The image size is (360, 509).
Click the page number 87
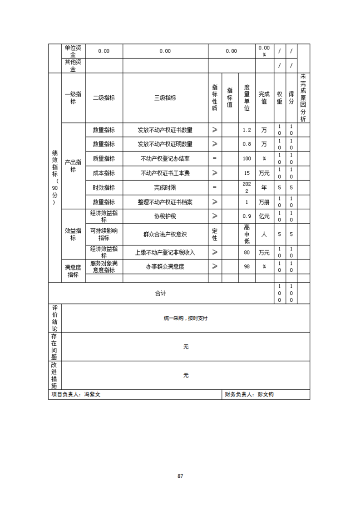point(180,476)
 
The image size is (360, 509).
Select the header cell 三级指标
point(165,98)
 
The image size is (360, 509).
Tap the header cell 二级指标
point(104,98)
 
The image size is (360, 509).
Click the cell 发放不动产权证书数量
point(165,130)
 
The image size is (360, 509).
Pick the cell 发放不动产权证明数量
point(165,144)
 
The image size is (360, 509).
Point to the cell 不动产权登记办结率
point(165,159)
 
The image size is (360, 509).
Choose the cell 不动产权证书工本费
point(165,173)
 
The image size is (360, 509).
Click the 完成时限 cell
point(165,187)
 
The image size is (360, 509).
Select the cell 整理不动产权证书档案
point(165,202)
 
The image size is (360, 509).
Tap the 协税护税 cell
point(165,216)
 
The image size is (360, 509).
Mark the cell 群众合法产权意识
point(165,235)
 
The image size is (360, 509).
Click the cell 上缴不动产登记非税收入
point(165,252)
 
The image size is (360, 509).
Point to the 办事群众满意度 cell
point(165,267)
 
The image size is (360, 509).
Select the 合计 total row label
point(160,294)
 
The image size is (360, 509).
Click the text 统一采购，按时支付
point(186,318)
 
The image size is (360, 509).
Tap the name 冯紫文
point(92,395)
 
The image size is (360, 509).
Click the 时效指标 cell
point(104,187)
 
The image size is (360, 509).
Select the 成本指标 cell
point(104,173)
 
